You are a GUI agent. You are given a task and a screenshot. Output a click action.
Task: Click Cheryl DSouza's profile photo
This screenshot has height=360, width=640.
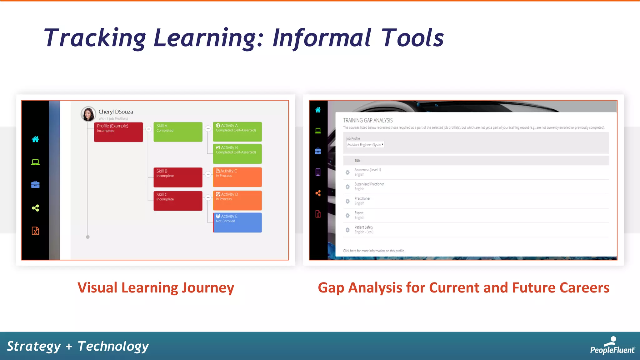(88, 114)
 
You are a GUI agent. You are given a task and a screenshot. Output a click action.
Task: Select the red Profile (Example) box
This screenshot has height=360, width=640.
(118, 132)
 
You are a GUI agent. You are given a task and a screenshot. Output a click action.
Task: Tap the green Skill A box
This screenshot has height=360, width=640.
(178, 132)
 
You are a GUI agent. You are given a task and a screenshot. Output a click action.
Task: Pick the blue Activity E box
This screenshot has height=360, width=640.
(237, 222)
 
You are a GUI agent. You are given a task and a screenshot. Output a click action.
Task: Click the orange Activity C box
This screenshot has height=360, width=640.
(237, 177)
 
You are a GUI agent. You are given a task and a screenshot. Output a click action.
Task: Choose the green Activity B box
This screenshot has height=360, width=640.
(237, 153)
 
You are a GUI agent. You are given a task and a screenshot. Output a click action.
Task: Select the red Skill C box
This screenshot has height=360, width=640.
(178, 201)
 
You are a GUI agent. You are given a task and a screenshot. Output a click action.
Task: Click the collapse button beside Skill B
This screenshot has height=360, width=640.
(208, 174)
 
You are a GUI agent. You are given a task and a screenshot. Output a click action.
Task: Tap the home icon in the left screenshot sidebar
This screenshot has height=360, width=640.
(35, 139)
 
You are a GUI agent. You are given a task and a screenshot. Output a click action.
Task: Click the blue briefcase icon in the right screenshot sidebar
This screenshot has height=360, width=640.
(318, 151)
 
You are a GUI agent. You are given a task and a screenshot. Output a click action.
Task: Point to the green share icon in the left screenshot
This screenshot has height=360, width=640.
(35, 208)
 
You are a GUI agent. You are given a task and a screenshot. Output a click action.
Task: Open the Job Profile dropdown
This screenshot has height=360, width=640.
(365, 145)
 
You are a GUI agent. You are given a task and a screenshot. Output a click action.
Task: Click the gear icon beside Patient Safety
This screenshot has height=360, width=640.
(347, 230)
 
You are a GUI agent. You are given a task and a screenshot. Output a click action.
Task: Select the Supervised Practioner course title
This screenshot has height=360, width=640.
(369, 184)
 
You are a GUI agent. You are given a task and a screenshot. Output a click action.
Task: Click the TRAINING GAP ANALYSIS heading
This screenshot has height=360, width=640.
(368, 120)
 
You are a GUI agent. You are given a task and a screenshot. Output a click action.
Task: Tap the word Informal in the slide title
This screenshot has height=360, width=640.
(322, 38)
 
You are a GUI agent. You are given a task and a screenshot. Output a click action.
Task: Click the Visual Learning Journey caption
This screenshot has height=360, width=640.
(156, 287)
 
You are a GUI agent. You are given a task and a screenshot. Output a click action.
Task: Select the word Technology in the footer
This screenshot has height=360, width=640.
(113, 346)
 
